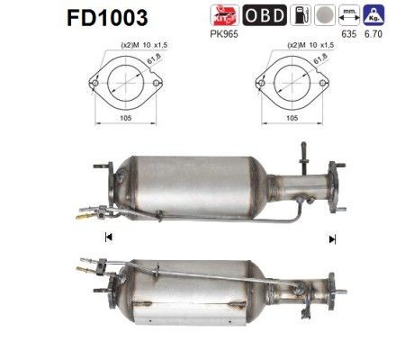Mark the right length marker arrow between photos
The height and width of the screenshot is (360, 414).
[332, 238]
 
